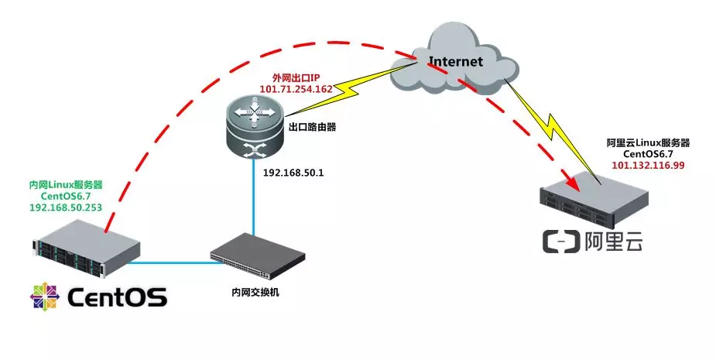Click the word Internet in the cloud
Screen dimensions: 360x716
point(456,60)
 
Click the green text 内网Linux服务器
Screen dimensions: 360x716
point(66,185)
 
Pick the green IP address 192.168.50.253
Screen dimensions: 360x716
point(66,207)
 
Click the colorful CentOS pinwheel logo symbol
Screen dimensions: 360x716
point(45,297)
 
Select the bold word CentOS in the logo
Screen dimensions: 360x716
point(117,297)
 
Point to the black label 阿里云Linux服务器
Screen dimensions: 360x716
point(649,143)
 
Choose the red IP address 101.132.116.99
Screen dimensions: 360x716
point(649,166)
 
